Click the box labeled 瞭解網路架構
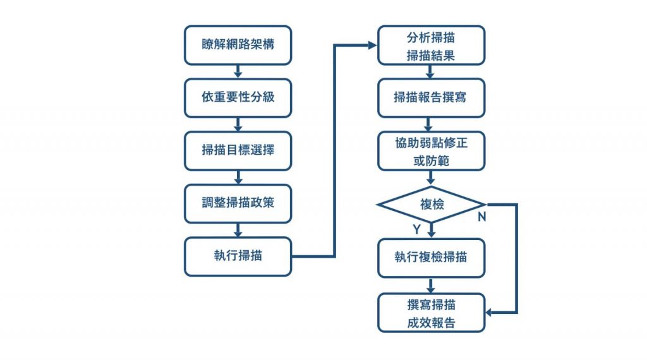coord(238,45)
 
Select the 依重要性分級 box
coord(238,98)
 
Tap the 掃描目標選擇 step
coord(238,150)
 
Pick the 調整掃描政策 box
coord(238,203)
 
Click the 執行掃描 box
coord(238,256)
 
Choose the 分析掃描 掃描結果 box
coord(431,45)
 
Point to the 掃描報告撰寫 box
coord(431,98)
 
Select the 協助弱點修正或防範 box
coord(431,150)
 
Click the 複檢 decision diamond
coord(431,204)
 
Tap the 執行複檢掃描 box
coord(431,258)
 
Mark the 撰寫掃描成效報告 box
coord(431,313)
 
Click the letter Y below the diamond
coord(417,229)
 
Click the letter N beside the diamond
coord(481,217)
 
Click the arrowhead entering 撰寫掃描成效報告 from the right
coord(490,313)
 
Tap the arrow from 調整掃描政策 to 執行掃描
coord(238,230)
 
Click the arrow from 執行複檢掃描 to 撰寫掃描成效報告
coord(431,285)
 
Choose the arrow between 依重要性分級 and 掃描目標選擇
coord(238,124)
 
